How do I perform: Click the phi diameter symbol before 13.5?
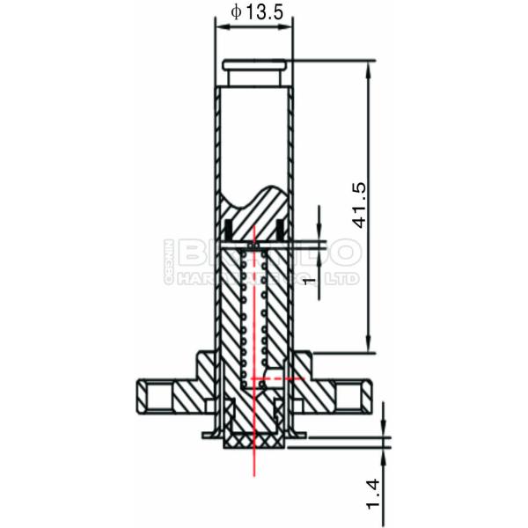tap(235, 11)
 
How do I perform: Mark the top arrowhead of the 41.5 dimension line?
tap(367, 67)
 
